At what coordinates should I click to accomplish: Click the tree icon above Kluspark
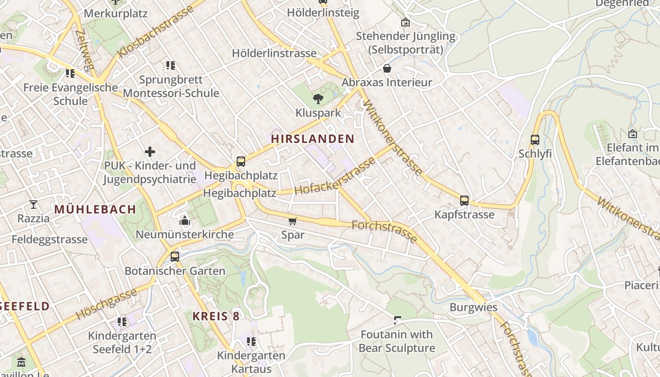pos(318,98)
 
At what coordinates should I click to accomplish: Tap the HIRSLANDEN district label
pos(312,139)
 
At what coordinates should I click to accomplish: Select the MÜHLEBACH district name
pos(95,209)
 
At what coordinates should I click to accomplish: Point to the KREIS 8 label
pos(216,316)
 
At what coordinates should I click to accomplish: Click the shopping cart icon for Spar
pos(293,221)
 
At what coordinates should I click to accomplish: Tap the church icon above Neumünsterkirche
pos(184,220)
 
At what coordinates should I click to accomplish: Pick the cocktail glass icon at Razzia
pos(33,205)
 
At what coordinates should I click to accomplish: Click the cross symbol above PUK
pos(150,151)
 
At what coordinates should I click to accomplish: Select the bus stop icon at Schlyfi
pos(535,140)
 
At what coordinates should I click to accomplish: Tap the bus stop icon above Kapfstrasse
pos(464,201)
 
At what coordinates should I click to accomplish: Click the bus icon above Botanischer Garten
pos(175,257)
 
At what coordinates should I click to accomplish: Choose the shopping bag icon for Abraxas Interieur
pos(387,69)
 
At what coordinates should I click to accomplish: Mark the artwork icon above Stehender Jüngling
pos(405,22)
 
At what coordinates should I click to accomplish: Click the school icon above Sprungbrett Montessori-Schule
pos(171,66)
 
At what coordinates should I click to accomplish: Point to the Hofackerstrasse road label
pos(335,177)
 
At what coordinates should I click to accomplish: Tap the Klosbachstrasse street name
pos(156,32)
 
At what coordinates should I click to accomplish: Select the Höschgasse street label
pos(106,304)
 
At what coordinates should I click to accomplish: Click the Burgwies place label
pos(473,307)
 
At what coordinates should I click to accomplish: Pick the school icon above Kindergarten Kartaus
pos(251,341)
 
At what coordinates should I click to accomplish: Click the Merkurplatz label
pos(115,13)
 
